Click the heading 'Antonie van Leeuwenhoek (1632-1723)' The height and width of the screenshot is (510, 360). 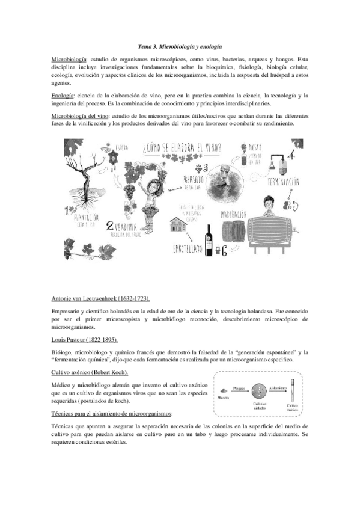[101, 299]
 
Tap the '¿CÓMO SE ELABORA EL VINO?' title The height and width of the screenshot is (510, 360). [181, 148]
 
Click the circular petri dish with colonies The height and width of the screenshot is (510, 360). [260, 390]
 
